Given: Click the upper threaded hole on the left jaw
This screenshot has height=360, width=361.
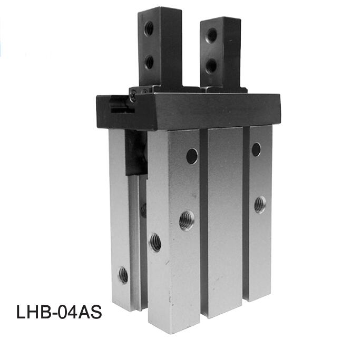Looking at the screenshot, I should point(149,28).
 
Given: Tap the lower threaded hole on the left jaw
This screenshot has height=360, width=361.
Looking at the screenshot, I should point(150,62).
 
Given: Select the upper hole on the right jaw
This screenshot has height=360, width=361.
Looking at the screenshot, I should point(212,35).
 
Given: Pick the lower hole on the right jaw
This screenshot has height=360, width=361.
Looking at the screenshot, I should point(211,66).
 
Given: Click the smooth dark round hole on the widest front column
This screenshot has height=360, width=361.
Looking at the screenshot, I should point(192,156).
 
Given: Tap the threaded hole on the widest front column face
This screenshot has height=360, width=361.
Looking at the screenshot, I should point(186,220).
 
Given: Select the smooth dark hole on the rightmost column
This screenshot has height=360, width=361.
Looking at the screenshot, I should point(256,149).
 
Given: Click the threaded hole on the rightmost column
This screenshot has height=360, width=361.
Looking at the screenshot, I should point(260,204).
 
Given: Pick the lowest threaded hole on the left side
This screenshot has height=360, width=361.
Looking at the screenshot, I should point(123,275).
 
